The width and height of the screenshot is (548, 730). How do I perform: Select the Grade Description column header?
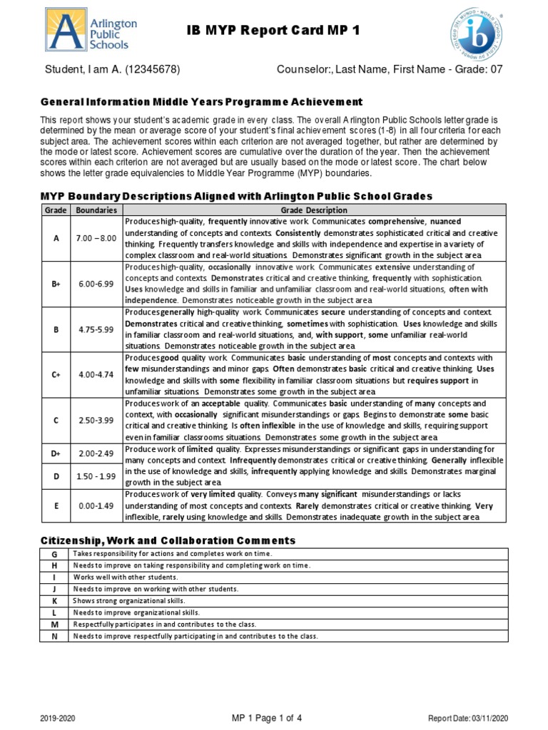314,210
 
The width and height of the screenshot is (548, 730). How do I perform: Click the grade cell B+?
56,283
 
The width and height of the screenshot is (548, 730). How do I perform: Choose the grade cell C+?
56,374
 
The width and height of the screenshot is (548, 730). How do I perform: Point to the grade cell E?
56,506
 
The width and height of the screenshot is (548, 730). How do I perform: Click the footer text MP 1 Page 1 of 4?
267,718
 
